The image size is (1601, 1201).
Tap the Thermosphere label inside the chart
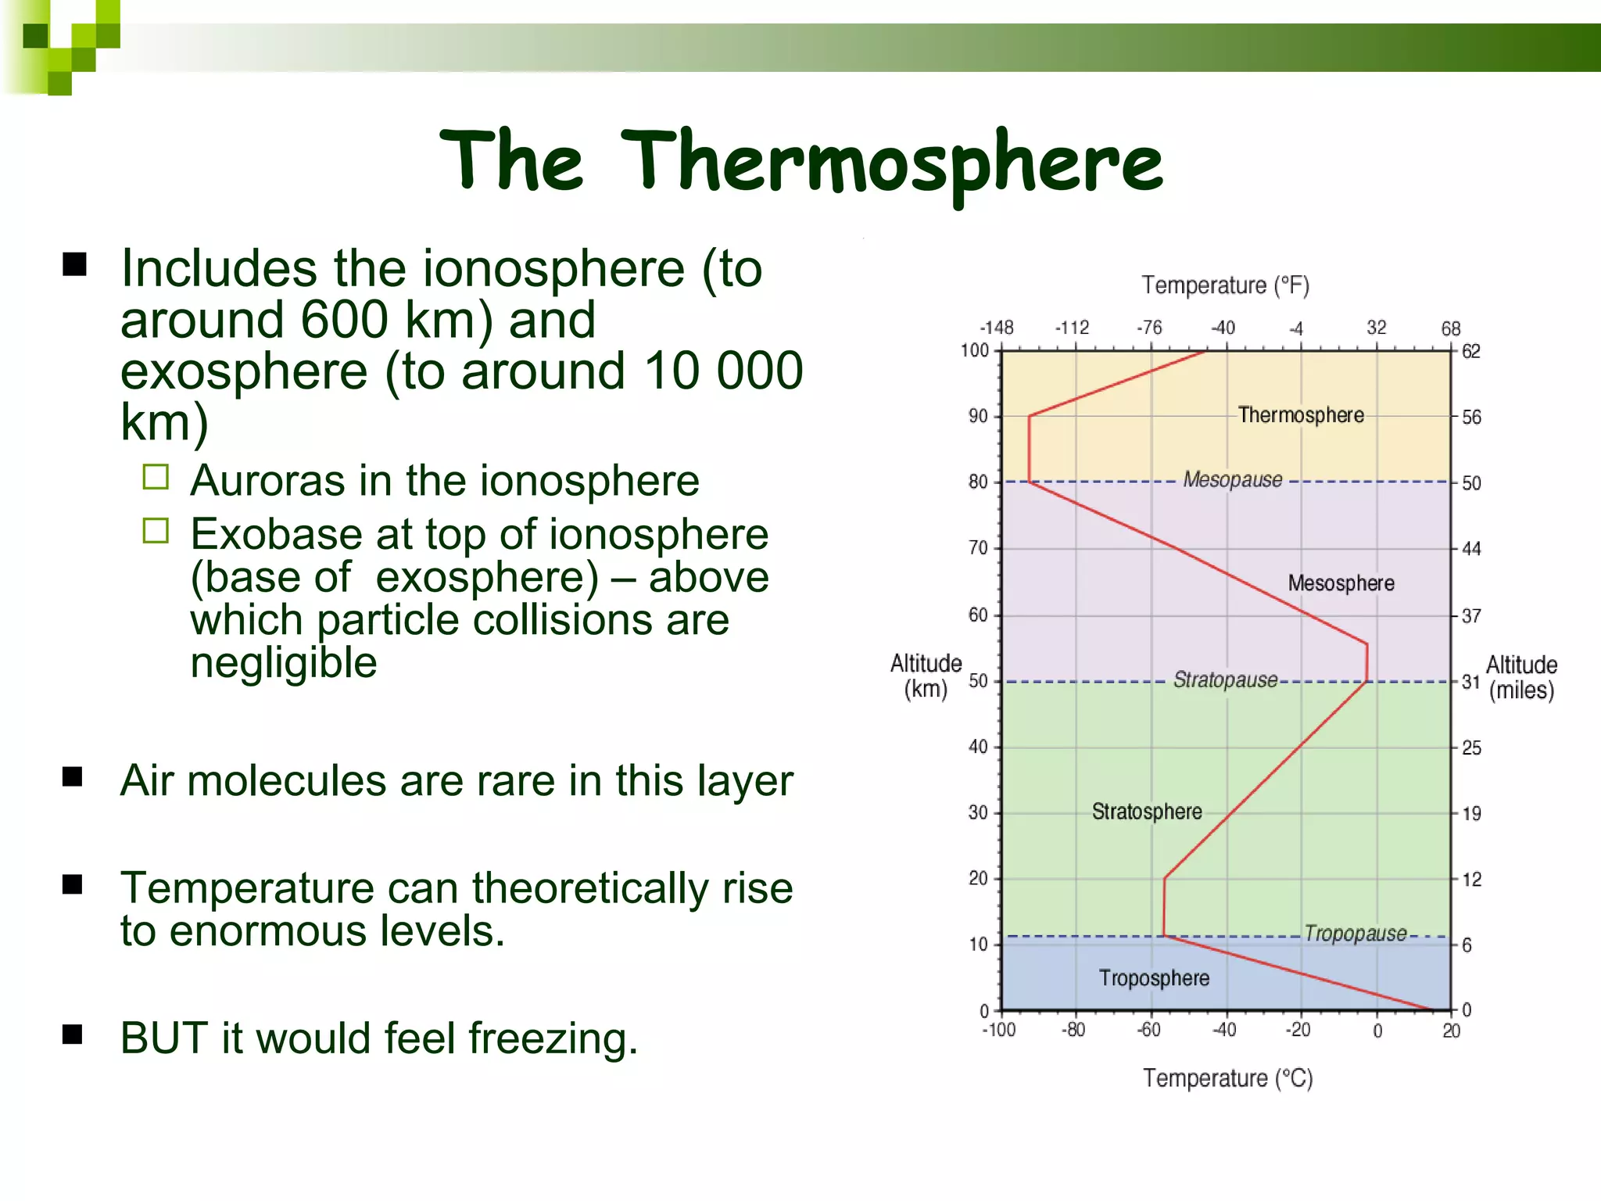(x=1301, y=415)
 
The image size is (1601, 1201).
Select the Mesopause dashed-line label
(x=1233, y=479)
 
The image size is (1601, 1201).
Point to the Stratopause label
(x=1225, y=679)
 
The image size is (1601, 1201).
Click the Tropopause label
(x=1355, y=933)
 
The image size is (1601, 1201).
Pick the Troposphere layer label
(x=1154, y=978)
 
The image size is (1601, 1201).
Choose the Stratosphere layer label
(x=1147, y=812)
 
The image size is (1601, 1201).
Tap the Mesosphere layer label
(x=1341, y=583)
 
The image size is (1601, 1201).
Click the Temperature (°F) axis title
(x=1225, y=285)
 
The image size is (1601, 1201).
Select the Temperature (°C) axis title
(x=1227, y=1078)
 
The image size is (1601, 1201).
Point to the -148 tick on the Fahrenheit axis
(x=997, y=328)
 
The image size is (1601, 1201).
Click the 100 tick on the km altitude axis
(x=975, y=350)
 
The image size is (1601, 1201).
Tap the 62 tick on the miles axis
(x=1471, y=351)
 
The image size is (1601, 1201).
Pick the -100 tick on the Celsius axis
(x=998, y=1030)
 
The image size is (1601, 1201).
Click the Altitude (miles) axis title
(x=1521, y=677)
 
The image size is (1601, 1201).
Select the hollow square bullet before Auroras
(x=156, y=477)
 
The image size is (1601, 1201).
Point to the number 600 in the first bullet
(x=344, y=320)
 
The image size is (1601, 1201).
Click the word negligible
(x=284, y=663)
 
